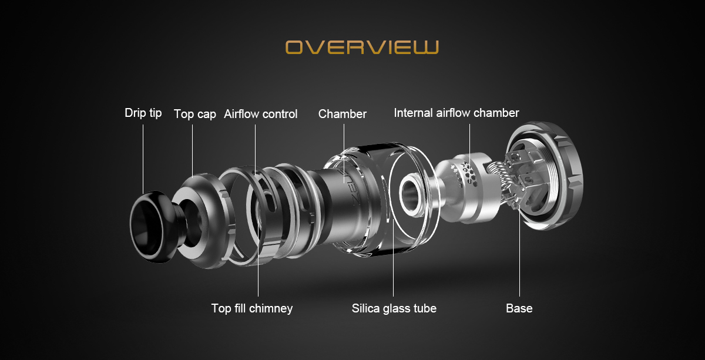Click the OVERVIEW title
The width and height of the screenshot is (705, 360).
pyautogui.click(x=362, y=47)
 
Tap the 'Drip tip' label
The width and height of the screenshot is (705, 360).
pyautogui.click(x=143, y=113)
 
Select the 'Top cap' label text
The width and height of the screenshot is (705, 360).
pyautogui.click(x=195, y=114)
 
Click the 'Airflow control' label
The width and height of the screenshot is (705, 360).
pyautogui.click(x=261, y=114)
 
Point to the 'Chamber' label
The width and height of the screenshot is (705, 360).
pyautogui.click(x=343, y=114)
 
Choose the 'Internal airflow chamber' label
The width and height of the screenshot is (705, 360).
pyautogui.click(x=456, y=113)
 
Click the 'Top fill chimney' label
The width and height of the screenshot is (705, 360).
pyautogui.click(x=252, y=308)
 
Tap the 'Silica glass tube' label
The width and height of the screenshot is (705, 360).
pyautogui.click(x=394, y=308)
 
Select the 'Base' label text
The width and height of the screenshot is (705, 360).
pyautogui.click(x=519, y=308)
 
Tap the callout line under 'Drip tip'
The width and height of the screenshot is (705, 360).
pyautogui.click(x=143, y=159)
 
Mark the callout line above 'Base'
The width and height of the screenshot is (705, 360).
pyautogui.click(x=519, y=254)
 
